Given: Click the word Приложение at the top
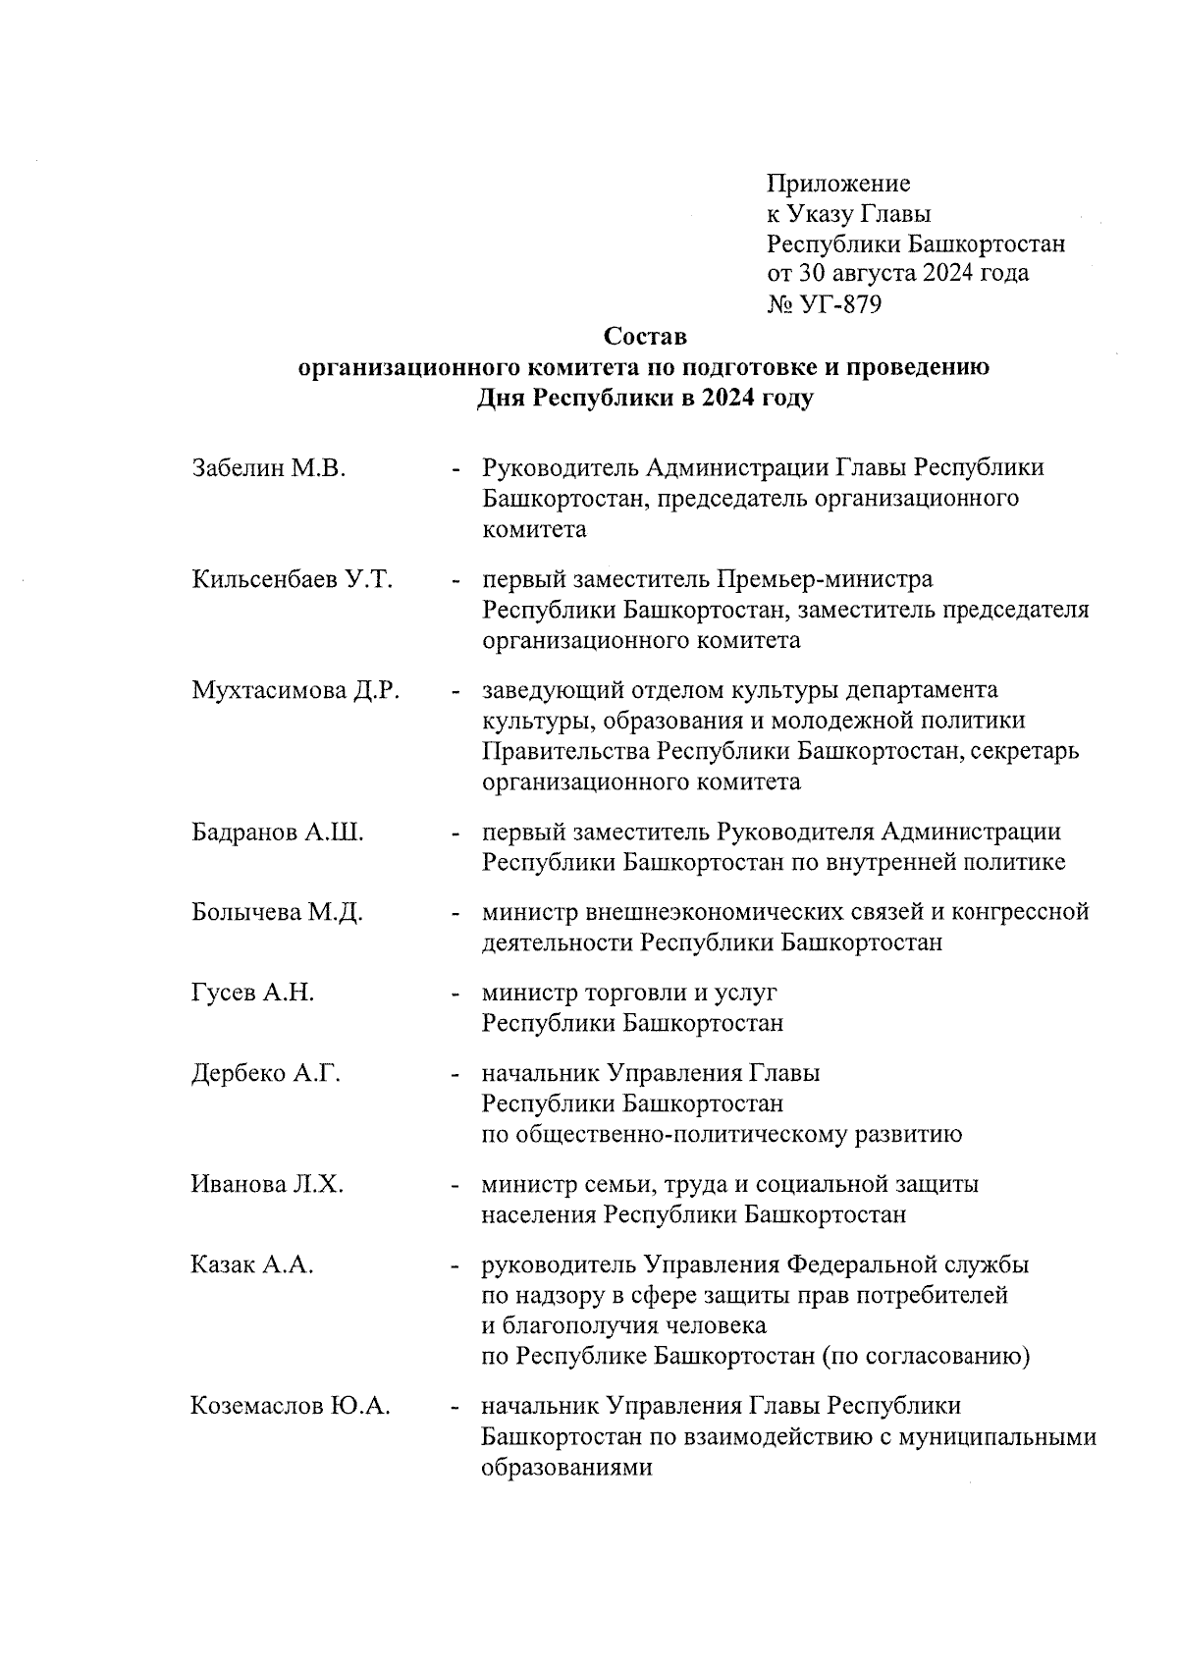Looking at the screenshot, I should (838, 184).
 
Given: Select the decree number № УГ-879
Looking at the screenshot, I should (824, 304).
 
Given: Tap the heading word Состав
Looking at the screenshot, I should (645, 337).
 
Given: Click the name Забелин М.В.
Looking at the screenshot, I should (269, 467).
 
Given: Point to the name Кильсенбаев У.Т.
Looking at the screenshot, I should (292, 579).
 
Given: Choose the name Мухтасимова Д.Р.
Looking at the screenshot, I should (295, 691).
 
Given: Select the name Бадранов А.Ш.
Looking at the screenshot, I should (278, 833).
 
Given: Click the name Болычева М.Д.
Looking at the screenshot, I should (277, 912).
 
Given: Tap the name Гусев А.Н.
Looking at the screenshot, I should (253, 993).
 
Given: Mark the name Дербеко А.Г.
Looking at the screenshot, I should (265, 1073).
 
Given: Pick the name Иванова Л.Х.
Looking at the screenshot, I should (267, 1184).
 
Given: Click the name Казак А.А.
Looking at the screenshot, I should (252, 1264).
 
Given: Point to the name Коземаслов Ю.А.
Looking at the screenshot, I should (291, 1407).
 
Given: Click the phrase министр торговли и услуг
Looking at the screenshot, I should (628, 993).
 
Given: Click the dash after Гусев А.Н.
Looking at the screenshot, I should (455, 994).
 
